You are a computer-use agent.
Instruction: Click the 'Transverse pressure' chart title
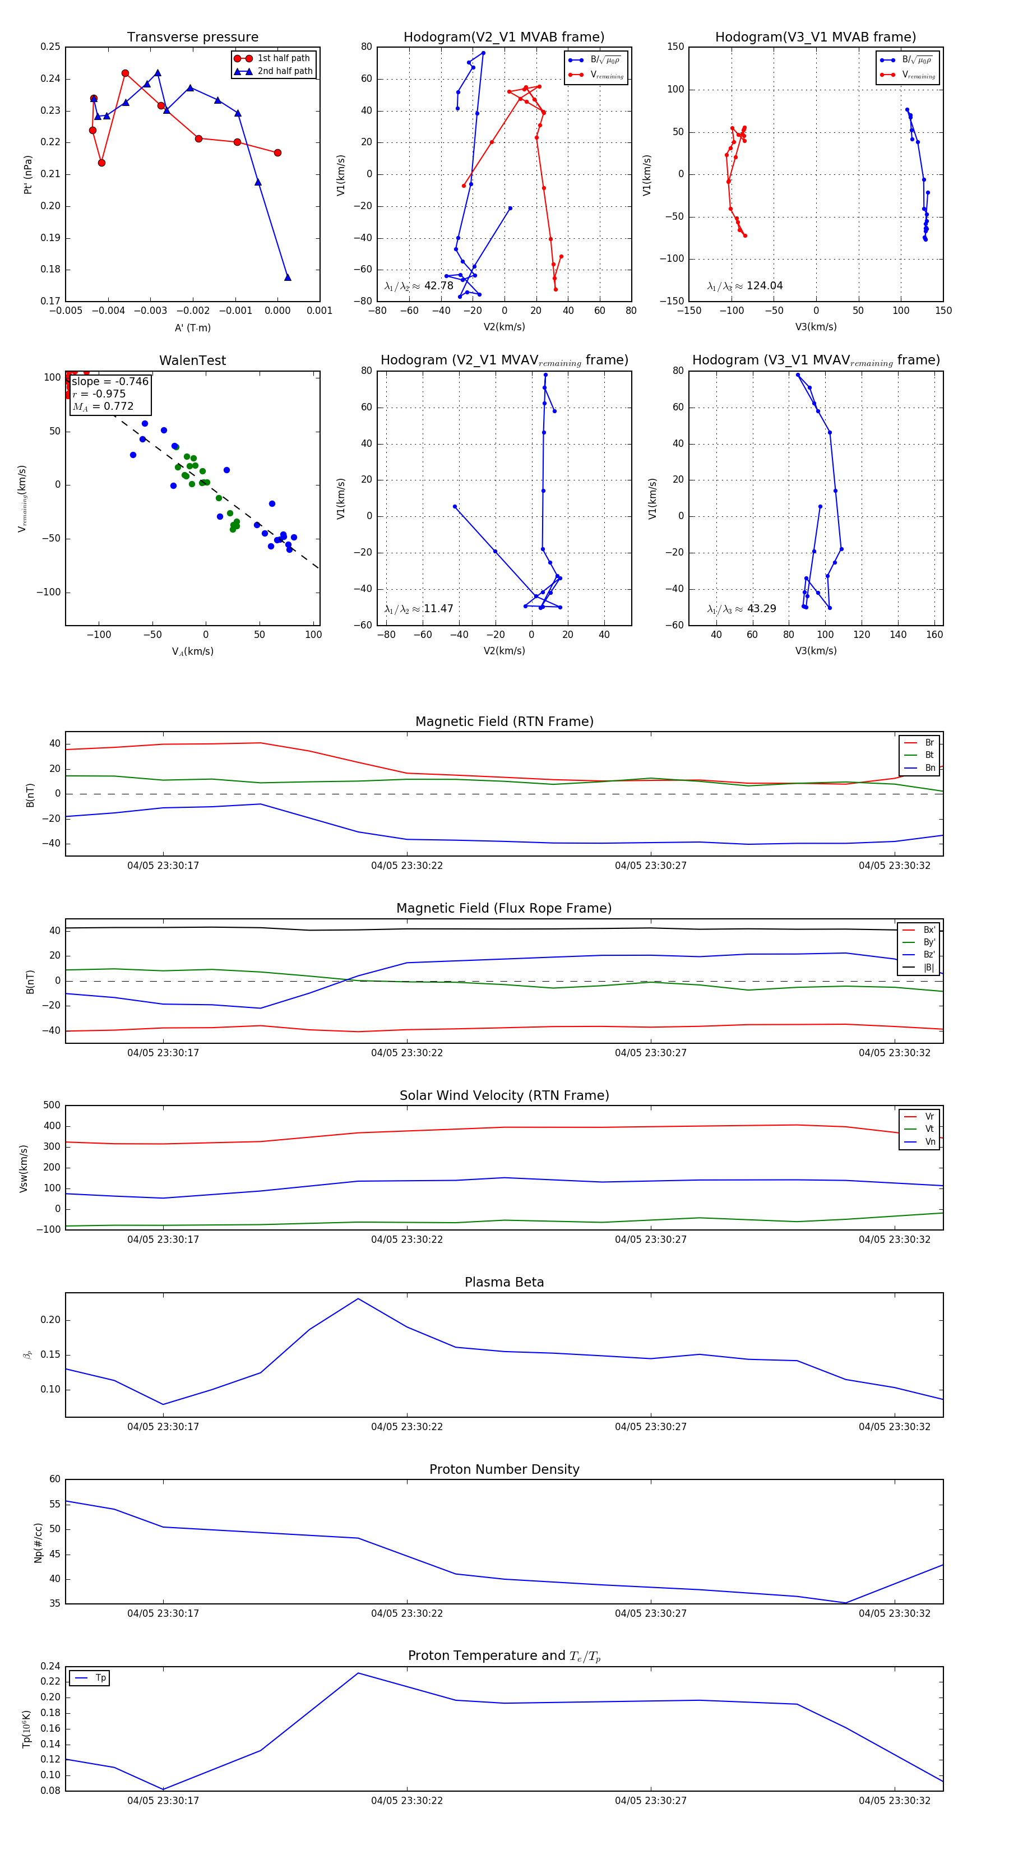coord(192,38)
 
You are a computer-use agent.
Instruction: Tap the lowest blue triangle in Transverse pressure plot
coord(287,277)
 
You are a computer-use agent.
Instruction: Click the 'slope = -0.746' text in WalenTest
coord(110,381)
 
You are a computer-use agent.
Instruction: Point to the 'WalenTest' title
coord(192,360)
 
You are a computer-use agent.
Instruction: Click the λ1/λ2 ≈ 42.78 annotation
coord(419,286)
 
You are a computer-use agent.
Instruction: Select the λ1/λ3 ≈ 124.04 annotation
coord(745,286)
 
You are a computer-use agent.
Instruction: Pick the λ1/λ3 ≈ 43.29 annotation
coord(741,609)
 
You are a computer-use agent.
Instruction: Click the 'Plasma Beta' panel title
coord(504,1282)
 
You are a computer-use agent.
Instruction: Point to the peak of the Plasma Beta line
coord(358,1298)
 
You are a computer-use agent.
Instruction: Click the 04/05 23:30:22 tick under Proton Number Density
coord(406,1613)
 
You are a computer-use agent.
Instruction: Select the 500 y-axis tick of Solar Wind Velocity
coord(51,1106)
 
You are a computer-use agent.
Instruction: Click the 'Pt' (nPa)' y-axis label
coord(28,174)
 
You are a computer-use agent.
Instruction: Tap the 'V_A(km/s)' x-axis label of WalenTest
coord(192,651)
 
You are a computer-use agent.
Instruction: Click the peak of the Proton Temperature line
coord(358,1673)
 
